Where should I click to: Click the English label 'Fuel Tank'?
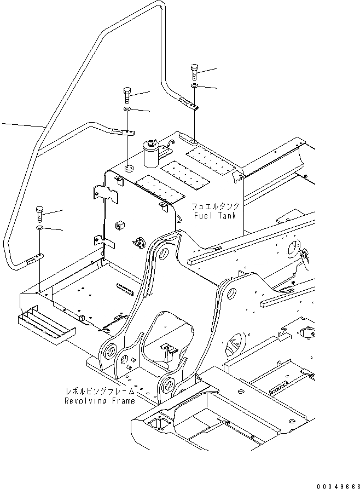[x=216, y=215]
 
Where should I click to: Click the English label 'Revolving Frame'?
[x=99, y=401]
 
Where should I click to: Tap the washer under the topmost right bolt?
[x=195, y=87]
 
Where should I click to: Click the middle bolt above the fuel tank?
[x=126, y=95]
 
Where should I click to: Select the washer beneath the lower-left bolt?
[x=40, y=228]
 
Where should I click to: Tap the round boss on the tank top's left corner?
[x=128, y=168]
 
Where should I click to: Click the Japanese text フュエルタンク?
[x=216, y=207]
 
